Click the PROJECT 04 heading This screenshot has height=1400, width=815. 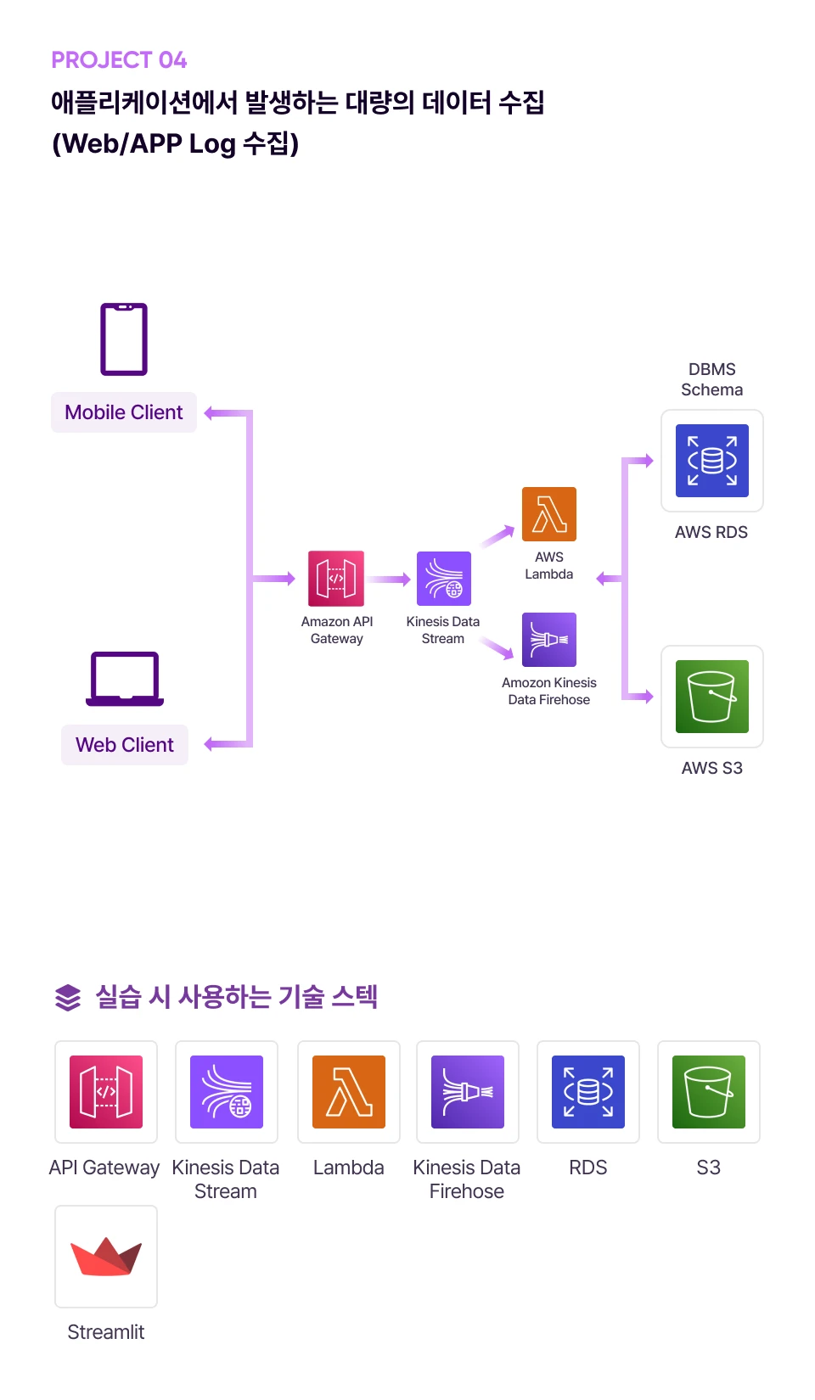click(x=119, y=60)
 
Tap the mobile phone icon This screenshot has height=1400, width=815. click(x=124, y=339)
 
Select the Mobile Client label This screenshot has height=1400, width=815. click(x=124, y=412)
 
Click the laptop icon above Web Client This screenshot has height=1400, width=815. click(x=125, y=679)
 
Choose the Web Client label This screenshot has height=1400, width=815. click(x=125, y=745)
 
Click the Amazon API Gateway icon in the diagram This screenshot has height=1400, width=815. click(x=336, y=579)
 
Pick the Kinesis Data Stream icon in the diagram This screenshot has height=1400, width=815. click(x=443, y=579)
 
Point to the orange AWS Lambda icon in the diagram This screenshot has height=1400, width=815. click(x=549, y=514)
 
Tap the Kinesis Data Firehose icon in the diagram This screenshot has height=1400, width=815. click(x=549, y=640)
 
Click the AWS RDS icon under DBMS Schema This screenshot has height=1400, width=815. click(x=712, y=461)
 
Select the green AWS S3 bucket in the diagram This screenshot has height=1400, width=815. click(x=712, y=697)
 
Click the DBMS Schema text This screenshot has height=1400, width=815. click(x=712, y=379)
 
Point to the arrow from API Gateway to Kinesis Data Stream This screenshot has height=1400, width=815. click(x=390, y=580)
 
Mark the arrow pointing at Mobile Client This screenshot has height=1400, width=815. click(x=222, y=413)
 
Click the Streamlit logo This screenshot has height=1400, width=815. click(x=106, y=1257)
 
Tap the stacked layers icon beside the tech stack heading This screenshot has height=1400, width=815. click(x=68, y=998)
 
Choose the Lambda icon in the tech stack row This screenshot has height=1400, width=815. click(x=349, y=1092)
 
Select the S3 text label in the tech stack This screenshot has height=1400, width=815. click(x=709, y=1168)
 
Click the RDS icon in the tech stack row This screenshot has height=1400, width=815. click(x=588, y=1092)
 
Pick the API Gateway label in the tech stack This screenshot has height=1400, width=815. click(x=104, y=1168)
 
